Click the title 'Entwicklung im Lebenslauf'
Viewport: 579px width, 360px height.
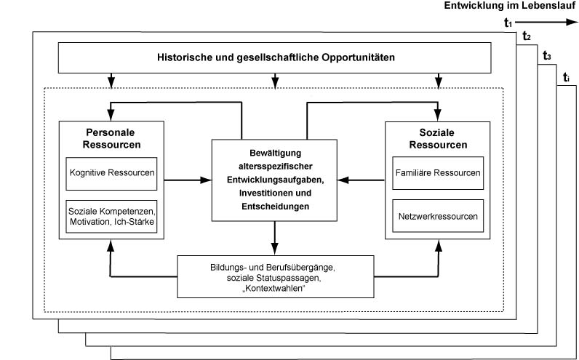[510, 6]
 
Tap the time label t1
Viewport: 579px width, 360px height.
[508, 23]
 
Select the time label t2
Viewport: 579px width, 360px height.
[527, 36]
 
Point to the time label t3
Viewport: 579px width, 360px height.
[547, 56]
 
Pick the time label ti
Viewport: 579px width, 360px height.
[566, 78]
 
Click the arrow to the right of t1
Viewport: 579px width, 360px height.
[546, 22]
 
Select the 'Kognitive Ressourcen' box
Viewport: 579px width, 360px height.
[111, 174]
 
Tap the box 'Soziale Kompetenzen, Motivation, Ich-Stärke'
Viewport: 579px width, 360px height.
[111, 217]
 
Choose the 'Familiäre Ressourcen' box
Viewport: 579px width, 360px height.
[438, 173]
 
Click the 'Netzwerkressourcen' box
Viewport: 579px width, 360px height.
[438, 216]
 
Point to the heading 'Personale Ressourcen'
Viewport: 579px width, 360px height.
[111, 138]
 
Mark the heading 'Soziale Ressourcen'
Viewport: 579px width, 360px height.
[438, 138]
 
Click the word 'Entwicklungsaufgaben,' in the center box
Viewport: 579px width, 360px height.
[276, 180]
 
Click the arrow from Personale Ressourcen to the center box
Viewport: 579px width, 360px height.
[188, 180]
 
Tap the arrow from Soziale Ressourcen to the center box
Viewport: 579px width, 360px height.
[361, 180]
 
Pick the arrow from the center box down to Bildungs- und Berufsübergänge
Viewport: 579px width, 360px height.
[274, 238]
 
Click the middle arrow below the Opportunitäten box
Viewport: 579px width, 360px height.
[274, 81]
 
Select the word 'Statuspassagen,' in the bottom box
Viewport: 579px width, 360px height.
[295, 278]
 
